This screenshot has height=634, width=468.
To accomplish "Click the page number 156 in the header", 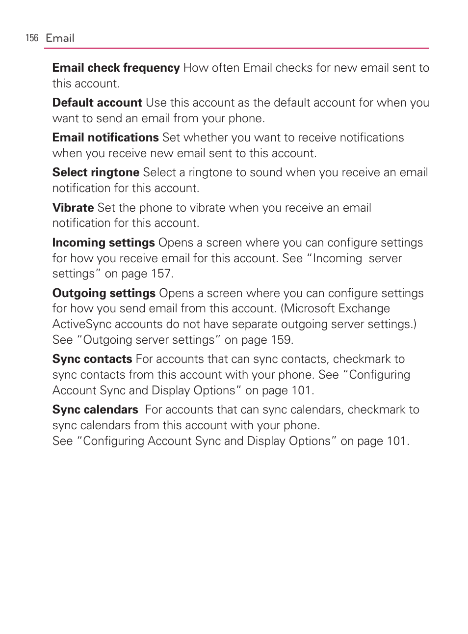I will point(32,38).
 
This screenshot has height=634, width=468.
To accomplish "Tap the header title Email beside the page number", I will point(60,38).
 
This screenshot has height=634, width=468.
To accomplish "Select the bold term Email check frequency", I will point(116,68).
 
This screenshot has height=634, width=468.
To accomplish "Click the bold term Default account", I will point(97,103).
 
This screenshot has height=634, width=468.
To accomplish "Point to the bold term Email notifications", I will point(105,138).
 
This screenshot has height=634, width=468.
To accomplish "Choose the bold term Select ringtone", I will point(96,172).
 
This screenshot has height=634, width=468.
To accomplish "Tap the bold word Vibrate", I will point(73,208).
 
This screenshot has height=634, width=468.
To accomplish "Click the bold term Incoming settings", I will point(104,243).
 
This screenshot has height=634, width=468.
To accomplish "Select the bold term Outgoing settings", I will point(104,293).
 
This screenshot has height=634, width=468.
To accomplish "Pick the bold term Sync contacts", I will point(92,359).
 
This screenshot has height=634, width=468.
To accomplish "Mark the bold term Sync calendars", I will point(95,410).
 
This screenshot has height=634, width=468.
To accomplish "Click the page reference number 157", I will point(161,274).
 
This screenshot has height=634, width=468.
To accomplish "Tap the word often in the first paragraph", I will point(226,68).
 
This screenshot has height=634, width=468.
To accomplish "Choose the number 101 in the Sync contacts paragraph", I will point(301,390).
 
